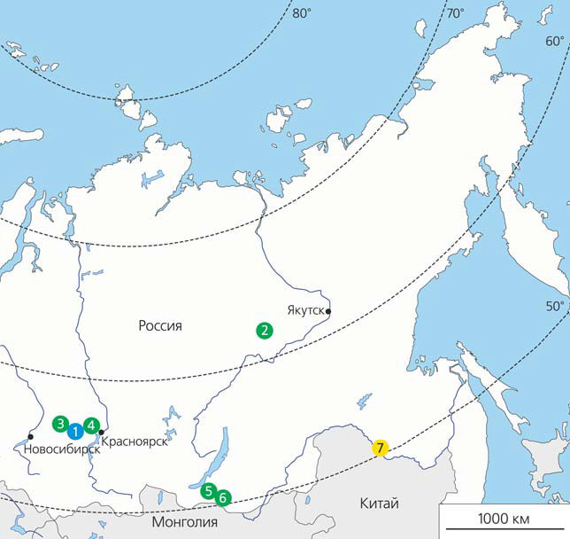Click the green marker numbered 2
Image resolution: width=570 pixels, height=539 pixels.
264,330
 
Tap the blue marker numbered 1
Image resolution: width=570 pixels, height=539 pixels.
76,431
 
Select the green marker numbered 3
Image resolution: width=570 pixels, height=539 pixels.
60,424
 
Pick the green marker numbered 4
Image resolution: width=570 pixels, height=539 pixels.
91,425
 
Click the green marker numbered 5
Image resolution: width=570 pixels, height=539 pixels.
208,490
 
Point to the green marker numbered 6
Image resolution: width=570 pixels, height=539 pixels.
223,497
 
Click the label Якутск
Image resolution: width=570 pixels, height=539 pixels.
304,310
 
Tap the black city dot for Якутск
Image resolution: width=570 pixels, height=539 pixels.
328,311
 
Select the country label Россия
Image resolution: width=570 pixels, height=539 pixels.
160,325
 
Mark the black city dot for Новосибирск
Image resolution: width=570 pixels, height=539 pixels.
31,436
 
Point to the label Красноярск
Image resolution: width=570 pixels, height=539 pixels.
135,442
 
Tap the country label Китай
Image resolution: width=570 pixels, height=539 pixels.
380,504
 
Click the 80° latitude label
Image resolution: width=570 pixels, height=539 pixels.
303,13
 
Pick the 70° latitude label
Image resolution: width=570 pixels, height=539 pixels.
456,13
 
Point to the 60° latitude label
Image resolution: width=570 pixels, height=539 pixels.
555,41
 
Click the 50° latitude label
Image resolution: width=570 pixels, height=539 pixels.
554,307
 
